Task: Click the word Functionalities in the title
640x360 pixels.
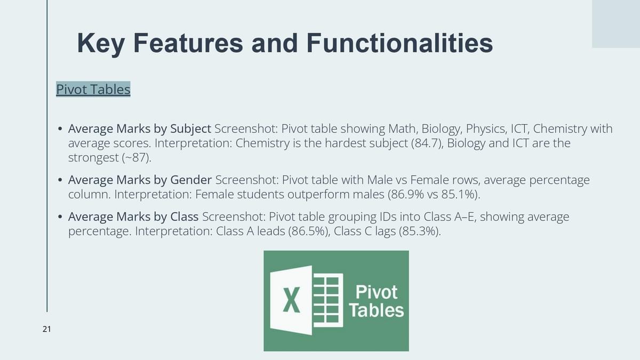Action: tap(399, 43)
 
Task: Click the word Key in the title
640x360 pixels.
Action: tap(101, 44)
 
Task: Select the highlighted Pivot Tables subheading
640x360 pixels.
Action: tap(93, 89)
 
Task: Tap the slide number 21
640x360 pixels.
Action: tap(47, 329)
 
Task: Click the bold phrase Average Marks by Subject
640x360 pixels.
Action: tap(139, 129)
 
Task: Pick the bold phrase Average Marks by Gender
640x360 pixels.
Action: tap(140, 180)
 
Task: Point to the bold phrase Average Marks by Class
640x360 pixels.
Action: tap(133, 217)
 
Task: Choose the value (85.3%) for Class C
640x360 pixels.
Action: tap(418, 231)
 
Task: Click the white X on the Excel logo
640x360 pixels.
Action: tap(291, 300)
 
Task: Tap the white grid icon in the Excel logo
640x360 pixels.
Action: tap(328, 300)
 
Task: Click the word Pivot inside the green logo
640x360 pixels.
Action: tap(377, 292)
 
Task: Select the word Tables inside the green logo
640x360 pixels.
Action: tap(377, 310)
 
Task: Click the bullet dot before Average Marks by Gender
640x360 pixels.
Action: tap(60, 180)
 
